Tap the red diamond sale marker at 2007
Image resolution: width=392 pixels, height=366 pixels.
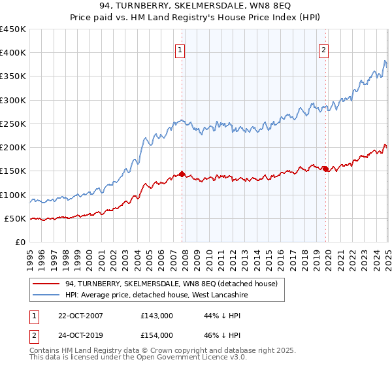click(x=182, y=175)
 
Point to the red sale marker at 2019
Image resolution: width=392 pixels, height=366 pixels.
click(x=325, y=169)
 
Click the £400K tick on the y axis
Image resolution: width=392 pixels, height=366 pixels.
click(x=13, y=53)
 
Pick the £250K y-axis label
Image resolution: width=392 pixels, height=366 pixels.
click(x=13, y=124)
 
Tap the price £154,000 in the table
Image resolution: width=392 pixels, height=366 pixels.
click(x=157, y=335)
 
